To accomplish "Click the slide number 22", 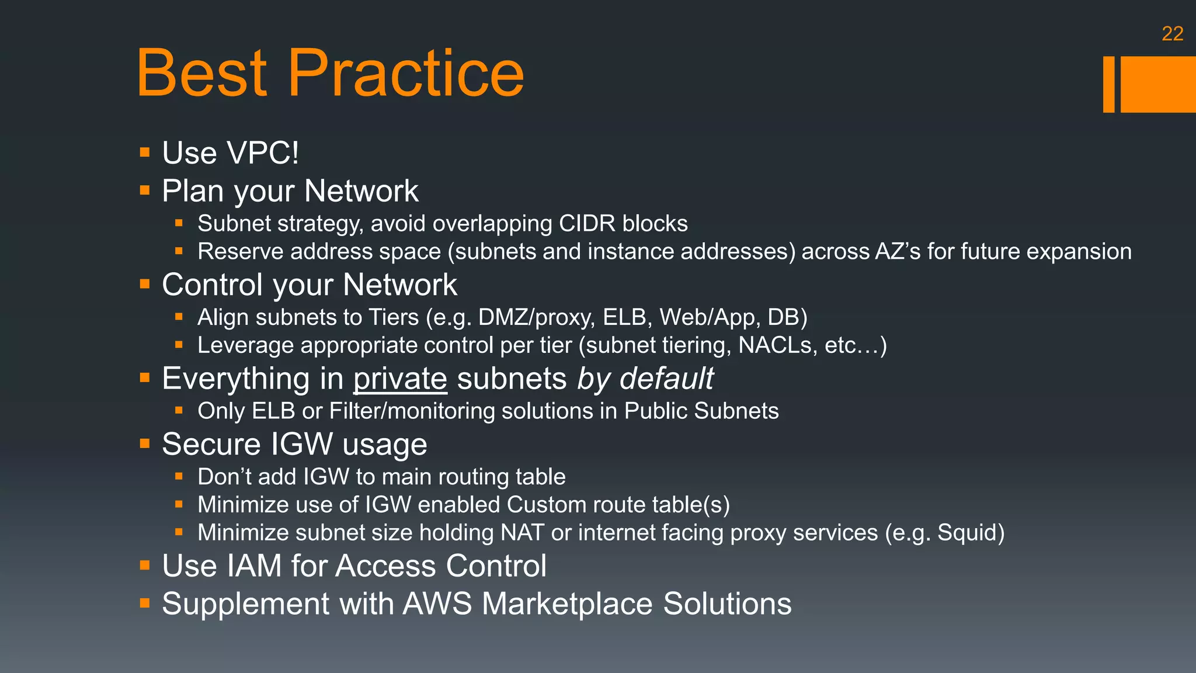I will (1172, 34).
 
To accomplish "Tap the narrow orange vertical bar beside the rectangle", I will (1108, 84).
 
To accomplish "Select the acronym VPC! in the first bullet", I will (263, 153).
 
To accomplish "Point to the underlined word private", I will (400, 379).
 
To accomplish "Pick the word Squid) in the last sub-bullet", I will (971, 533).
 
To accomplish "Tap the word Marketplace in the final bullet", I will (567, 603).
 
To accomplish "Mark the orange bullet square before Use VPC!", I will (145, 153).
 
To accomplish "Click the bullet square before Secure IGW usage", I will (145, 444).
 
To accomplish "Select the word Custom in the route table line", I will (544, 505).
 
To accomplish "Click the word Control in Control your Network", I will (212, 285).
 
